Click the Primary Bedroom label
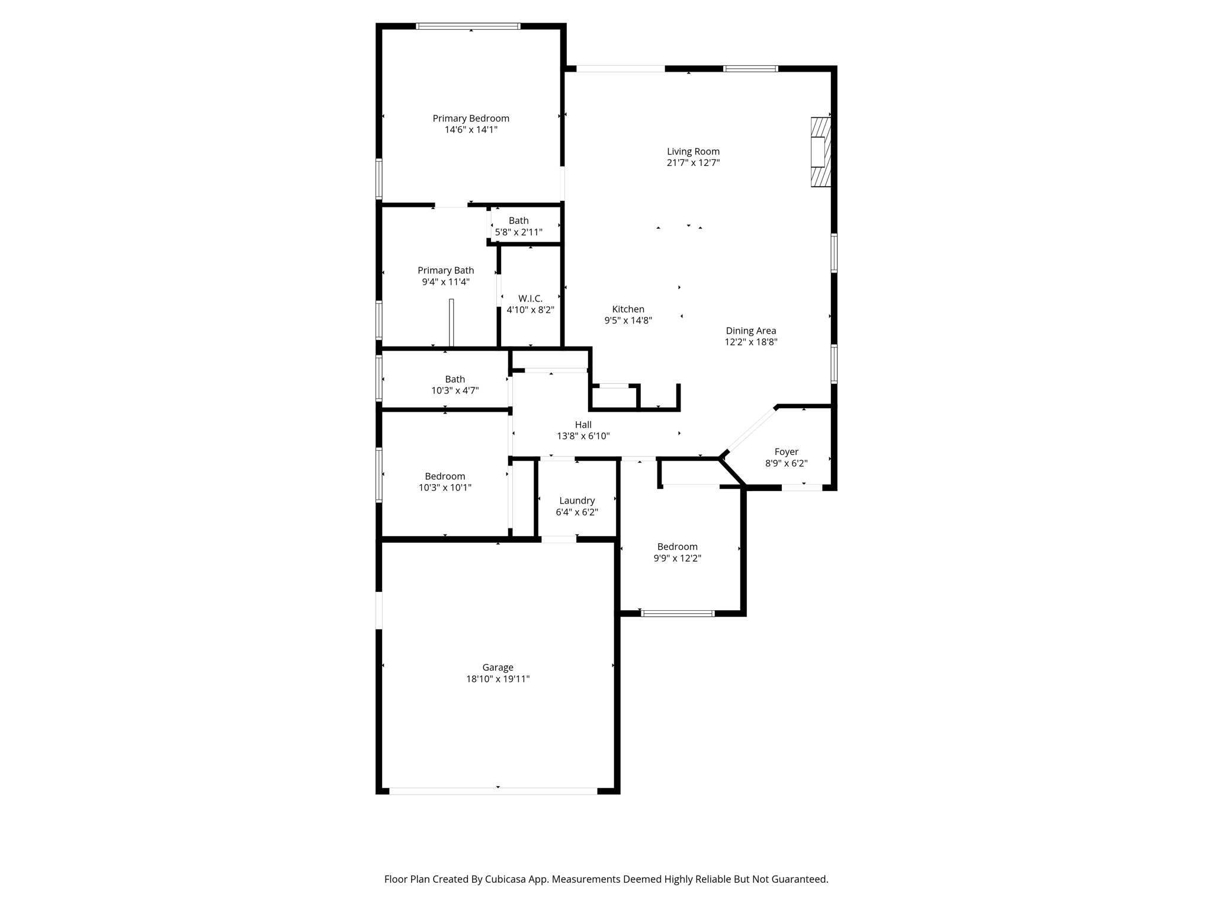(471, 118)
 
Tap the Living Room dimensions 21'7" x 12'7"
(693, 163)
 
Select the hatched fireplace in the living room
(820, 152)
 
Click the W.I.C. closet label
(530, 299)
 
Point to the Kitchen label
(628, 309)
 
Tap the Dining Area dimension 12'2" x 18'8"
(751, 342)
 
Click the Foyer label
(786, 452)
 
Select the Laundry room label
(577, 501)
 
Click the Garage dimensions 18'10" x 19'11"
(498, 679)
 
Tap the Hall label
(583, 425)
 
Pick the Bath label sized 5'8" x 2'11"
(518, 221)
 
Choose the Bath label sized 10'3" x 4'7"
(455, 379)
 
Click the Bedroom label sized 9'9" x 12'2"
(677, 547)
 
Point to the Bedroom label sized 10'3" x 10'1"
(445, 476)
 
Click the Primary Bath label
(445, 271)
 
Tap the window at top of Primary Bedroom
(468, 26)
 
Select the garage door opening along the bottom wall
(493, 791)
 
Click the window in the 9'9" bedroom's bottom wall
(678, 613)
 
